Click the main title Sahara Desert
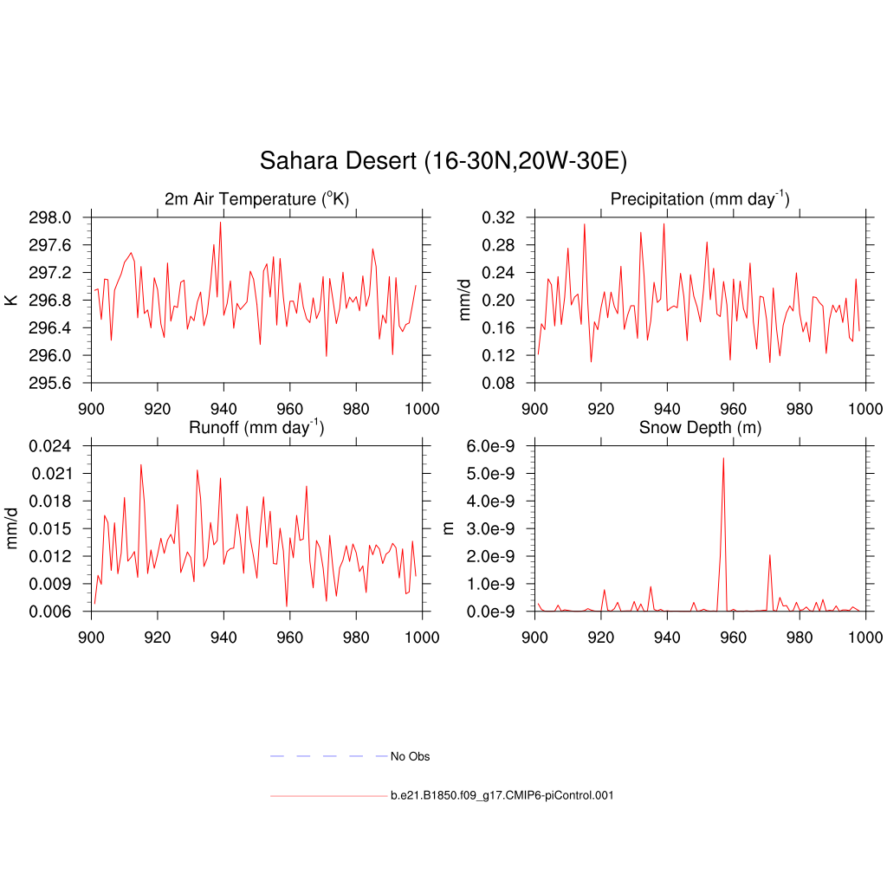pos(443,161)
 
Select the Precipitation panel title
pos(700,199)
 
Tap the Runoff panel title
pos(256,427)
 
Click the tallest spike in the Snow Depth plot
pos(723,458)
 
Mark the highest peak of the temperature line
pos(220,222)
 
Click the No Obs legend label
pos(410,756)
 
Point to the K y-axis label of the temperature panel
pos(11,300)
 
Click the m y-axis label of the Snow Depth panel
pos(449,528)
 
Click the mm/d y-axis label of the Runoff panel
pos(11,528)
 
